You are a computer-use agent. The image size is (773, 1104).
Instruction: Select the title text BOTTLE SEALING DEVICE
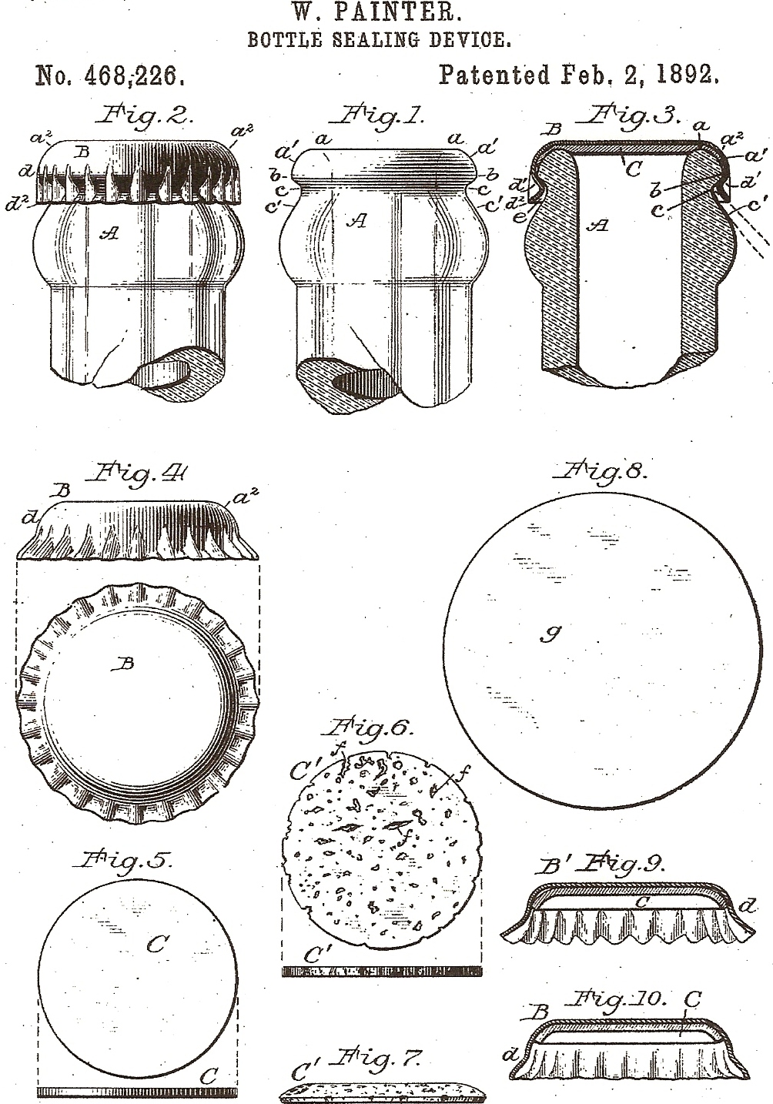379,39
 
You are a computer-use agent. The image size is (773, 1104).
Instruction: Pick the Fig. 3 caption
630,117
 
